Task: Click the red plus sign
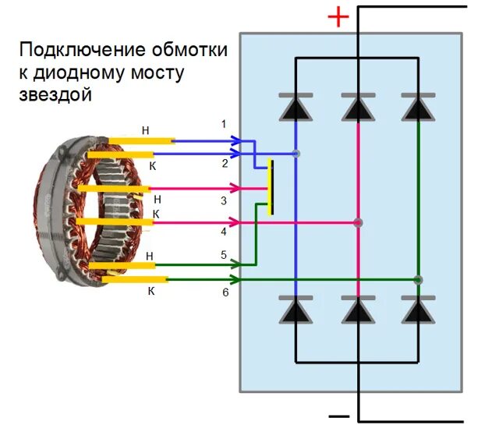tap(338, 17)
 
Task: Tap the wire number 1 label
tap(224, 125)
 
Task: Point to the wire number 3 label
tap(224, 201)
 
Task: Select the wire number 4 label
tap(224, 232)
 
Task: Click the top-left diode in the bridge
tap(296, 107)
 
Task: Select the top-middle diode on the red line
tap(358, 107)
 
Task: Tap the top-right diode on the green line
tap(419, 107)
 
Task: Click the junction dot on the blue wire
tap(296, 154)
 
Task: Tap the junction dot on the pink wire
tap(358, 223)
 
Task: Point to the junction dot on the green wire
tap(419, 279)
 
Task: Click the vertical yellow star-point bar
tap(270, 187)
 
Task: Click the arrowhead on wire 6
tap(235, 278)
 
